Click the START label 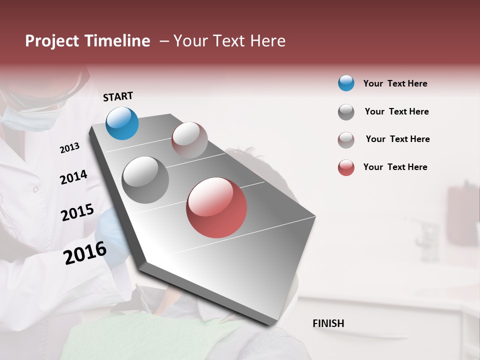118,96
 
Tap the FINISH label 328,323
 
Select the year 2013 69,148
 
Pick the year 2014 73,177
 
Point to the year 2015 77,212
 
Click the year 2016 85,253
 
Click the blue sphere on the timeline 122,123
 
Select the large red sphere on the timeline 216,207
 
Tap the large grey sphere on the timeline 145,180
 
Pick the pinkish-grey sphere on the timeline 189,140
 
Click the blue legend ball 346,83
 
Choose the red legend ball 346,167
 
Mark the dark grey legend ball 346,112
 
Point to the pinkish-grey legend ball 346,140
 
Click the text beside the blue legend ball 395,83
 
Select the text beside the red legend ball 395,167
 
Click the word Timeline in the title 117,41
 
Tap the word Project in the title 52,41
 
